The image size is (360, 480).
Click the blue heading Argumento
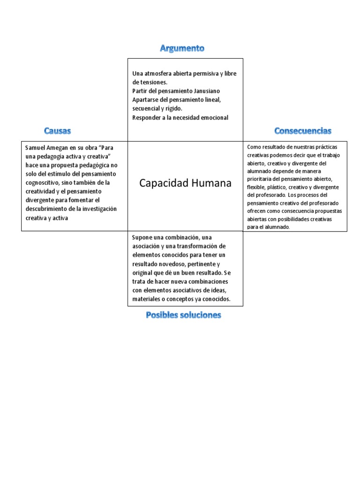click(x=182, y=48)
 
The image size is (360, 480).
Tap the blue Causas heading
click(x=58, y=130)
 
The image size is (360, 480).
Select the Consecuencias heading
click(x=303, y=130)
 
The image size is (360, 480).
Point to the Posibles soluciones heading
click(x=183, y=315)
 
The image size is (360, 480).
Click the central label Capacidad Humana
click(x=185, y=183)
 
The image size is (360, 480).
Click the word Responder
click(x=146, y=117)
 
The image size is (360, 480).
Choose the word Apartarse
click(x=146, y=99)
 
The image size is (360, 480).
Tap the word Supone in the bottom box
click(x=142, y=237)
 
